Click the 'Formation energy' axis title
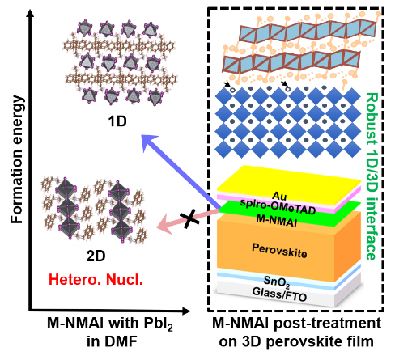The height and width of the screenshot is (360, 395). [17, 159]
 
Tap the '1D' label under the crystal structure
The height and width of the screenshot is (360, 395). [117, 121]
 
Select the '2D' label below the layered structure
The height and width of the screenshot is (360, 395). [96, 256]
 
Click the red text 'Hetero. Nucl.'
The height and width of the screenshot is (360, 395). [96, 279]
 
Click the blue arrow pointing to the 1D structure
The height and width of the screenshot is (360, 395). [181, 172]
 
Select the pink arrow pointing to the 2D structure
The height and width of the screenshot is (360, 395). [189, 221]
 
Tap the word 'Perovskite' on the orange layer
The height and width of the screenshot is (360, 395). [279, 251]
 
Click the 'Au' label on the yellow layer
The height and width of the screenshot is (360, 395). [279, 196]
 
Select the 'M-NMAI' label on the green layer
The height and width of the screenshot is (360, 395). [276, 220]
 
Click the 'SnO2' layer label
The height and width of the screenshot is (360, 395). [277, 282]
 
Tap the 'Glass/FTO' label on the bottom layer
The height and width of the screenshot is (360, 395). [279, 294]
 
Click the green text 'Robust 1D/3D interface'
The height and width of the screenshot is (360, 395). [372, 176]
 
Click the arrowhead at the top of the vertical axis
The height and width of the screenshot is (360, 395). [31, 13]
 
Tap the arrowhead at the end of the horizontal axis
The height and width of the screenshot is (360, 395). [186, 311]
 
